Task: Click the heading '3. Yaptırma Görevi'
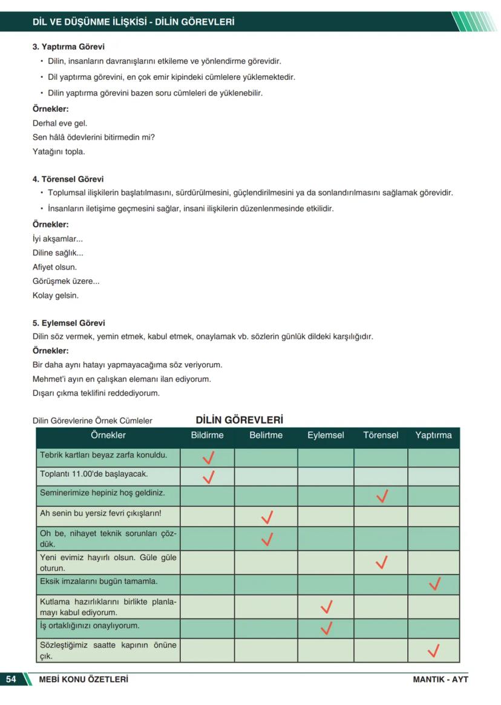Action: coord(68,47)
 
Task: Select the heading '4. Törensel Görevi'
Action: coord(68,179)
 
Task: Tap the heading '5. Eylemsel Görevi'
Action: coord(68,323)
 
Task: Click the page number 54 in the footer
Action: coord(11,679)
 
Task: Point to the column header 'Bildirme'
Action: coord(207,435)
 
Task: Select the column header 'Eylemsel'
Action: coord(325,435)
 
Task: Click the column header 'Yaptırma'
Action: coord(433,435)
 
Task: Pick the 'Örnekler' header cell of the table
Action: coord(108,435)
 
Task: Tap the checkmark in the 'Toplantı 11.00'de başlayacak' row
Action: coord(209,477)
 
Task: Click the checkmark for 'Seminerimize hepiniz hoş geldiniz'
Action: coord(381,497)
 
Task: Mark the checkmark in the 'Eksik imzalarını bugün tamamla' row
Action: coord(434,584)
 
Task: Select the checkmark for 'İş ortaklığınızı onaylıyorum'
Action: coord(327,628)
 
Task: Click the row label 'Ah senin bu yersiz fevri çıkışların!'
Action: coord(100,515)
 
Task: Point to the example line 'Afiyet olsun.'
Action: coord(54,267)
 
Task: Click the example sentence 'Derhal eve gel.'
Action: coord(60,123)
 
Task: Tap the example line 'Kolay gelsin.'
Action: coord(55,296)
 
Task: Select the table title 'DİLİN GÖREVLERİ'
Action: coord(239,420)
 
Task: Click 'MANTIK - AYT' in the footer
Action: coord(440,679)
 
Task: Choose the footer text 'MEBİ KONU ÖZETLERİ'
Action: coord(83,679)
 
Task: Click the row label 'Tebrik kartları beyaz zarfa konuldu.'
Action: coord(103,455)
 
